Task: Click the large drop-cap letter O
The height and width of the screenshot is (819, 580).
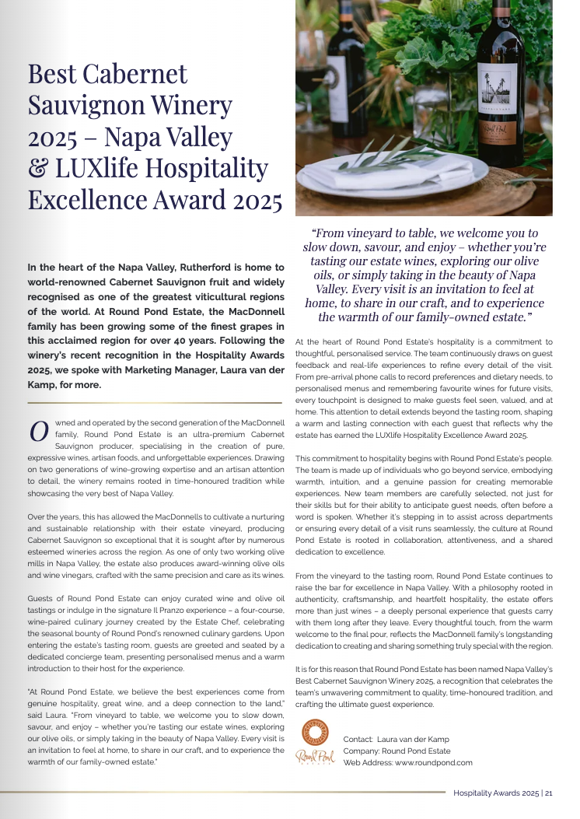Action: [39, 432]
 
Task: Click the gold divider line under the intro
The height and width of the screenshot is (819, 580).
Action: [156, 403]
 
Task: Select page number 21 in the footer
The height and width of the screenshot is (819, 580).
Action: [549, 794]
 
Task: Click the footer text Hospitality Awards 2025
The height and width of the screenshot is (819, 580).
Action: [497, 794]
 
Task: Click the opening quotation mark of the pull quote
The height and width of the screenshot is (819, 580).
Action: [314, 233]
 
